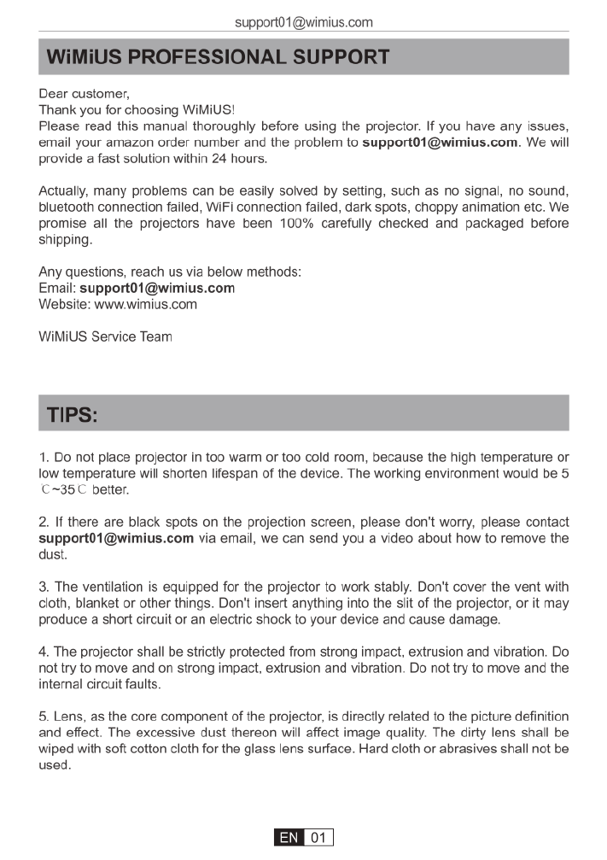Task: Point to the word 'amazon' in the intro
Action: (x=131, y=143)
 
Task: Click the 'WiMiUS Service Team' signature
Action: (x=106, y=336)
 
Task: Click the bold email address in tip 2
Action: (x=116, y=538)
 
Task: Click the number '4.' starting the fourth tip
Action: (x=44, y=652)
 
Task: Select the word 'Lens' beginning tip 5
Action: (x=71, y=716)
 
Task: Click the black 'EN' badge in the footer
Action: (x=289, y=838)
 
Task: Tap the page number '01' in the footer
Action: (x=318, y=838)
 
